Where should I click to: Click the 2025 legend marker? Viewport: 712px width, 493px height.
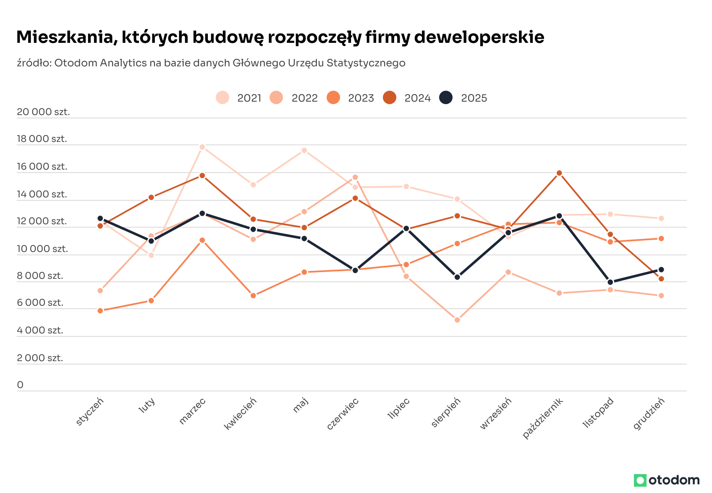coord(446,98)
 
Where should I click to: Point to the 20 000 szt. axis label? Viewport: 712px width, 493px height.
coord(43,112)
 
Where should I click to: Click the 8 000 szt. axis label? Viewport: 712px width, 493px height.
coord(40,276)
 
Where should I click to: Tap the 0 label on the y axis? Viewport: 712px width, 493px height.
coord(20,385)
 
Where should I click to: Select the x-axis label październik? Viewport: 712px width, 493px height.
coord(543,418)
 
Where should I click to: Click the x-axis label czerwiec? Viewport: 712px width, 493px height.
coord(343,414)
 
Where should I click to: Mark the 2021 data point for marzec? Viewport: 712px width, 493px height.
coord(202,147)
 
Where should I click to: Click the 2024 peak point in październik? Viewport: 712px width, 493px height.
coord(559,173)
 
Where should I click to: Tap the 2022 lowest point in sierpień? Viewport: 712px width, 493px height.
coord(457,320)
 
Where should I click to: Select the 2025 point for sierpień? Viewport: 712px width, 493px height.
coord(457,277)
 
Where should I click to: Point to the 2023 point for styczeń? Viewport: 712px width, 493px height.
coord(100,311)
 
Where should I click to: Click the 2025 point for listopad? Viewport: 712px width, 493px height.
coord(610,282)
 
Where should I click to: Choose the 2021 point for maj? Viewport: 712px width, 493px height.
coord(304,150)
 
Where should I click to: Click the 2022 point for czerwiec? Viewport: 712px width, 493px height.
coord(355,177)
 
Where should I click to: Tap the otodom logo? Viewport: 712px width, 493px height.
coord(667,480)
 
